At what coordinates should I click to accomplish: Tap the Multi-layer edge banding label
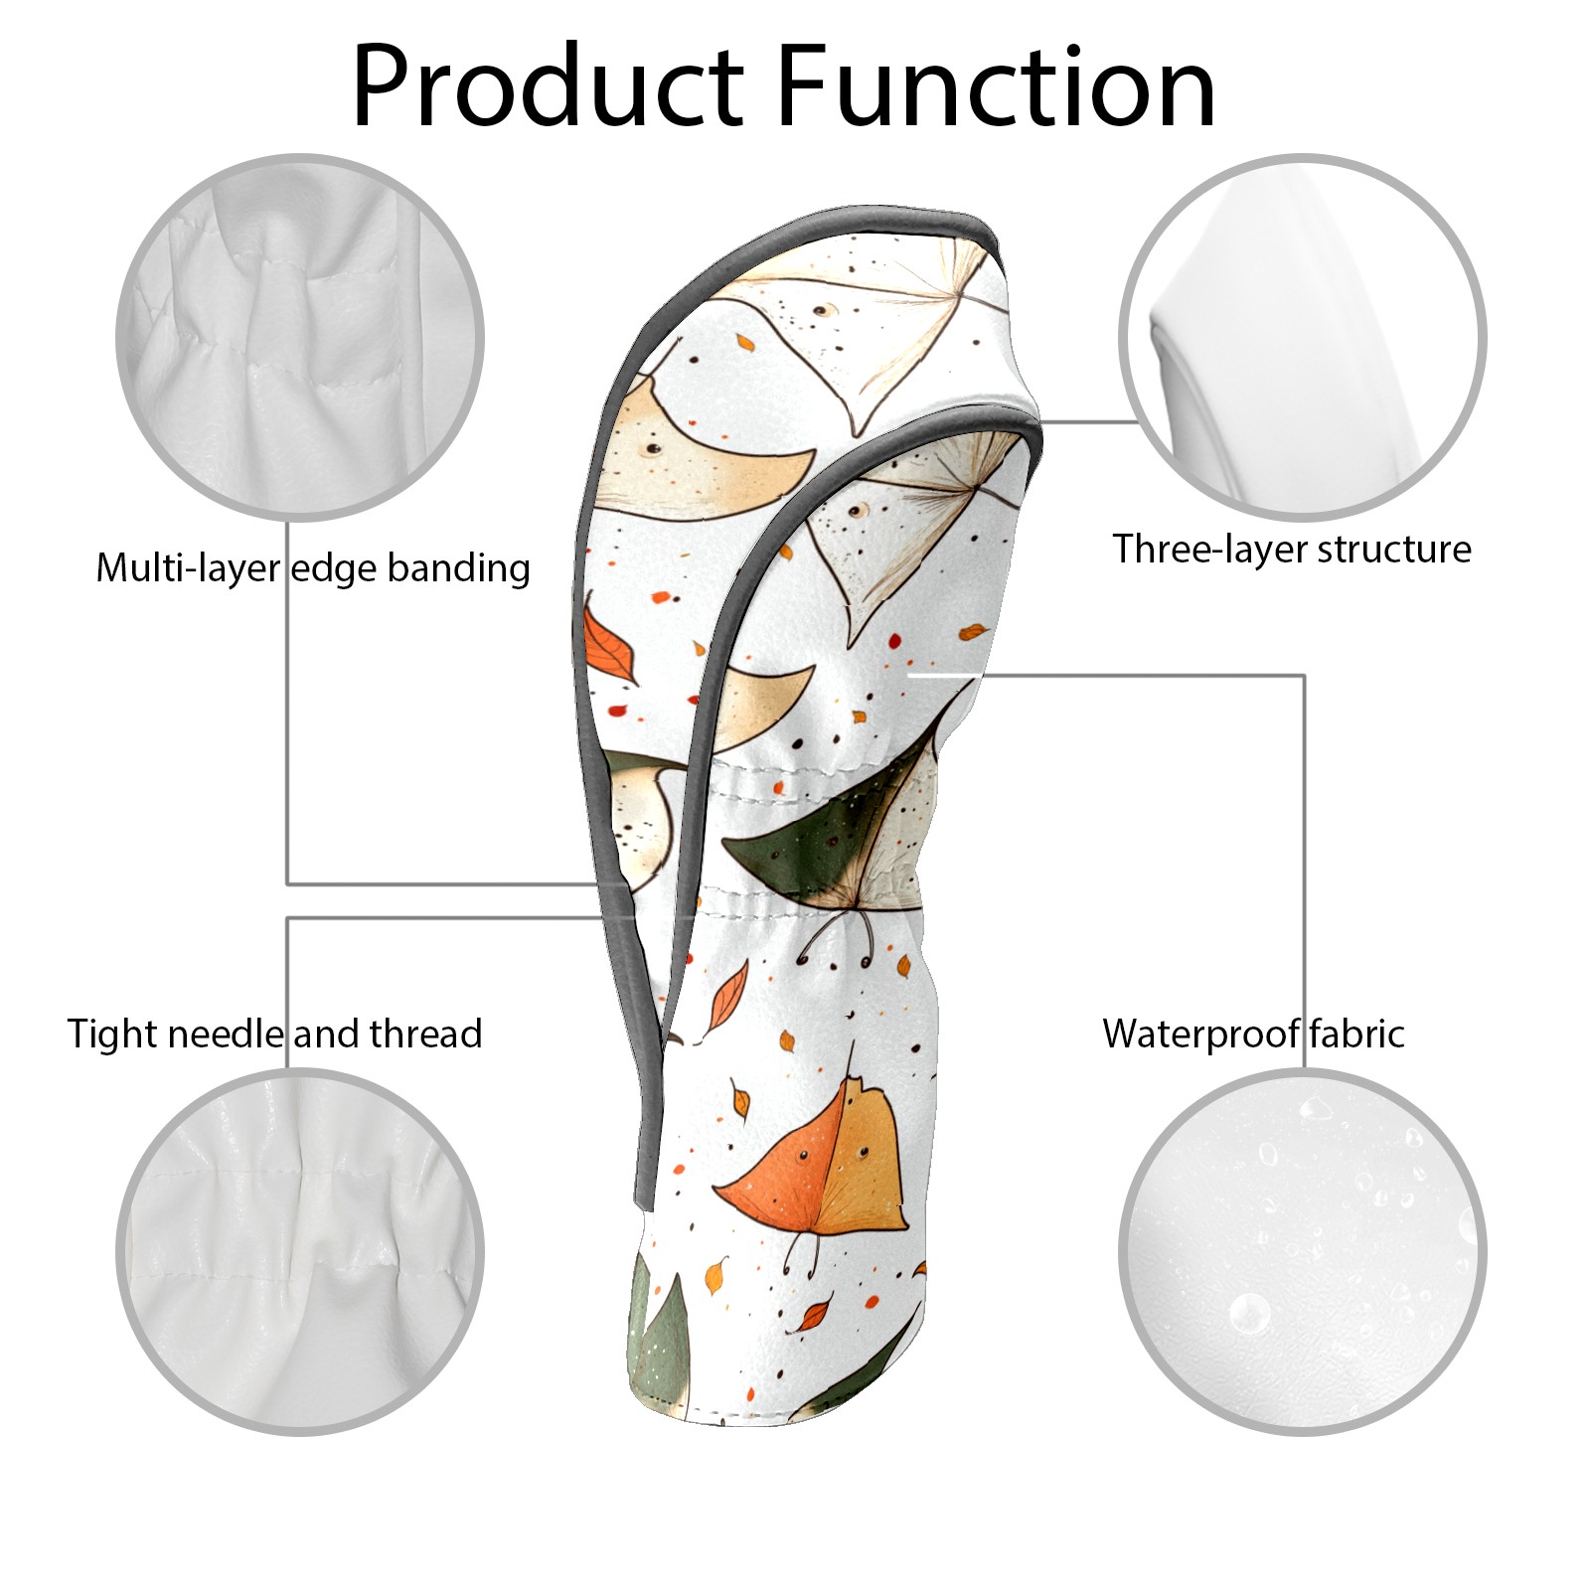(x=313, y=568)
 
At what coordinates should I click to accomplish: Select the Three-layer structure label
(x=1291, y=550)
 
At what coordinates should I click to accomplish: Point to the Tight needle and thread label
(x=274, y=1033)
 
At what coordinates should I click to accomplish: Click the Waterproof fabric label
(x=1253, y=1033)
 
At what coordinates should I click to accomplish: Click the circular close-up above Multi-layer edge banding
(x=300, y=337)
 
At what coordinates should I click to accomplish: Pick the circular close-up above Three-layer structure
(x=1302, y=337)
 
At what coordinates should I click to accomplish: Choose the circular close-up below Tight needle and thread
(x=300, y=1251)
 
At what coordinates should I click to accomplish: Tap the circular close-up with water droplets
(x=1302, y=1251)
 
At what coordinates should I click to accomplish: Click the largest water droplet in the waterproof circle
(x=1248, y=1314)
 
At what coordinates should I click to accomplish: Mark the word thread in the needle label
(x=425, y=1033)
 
